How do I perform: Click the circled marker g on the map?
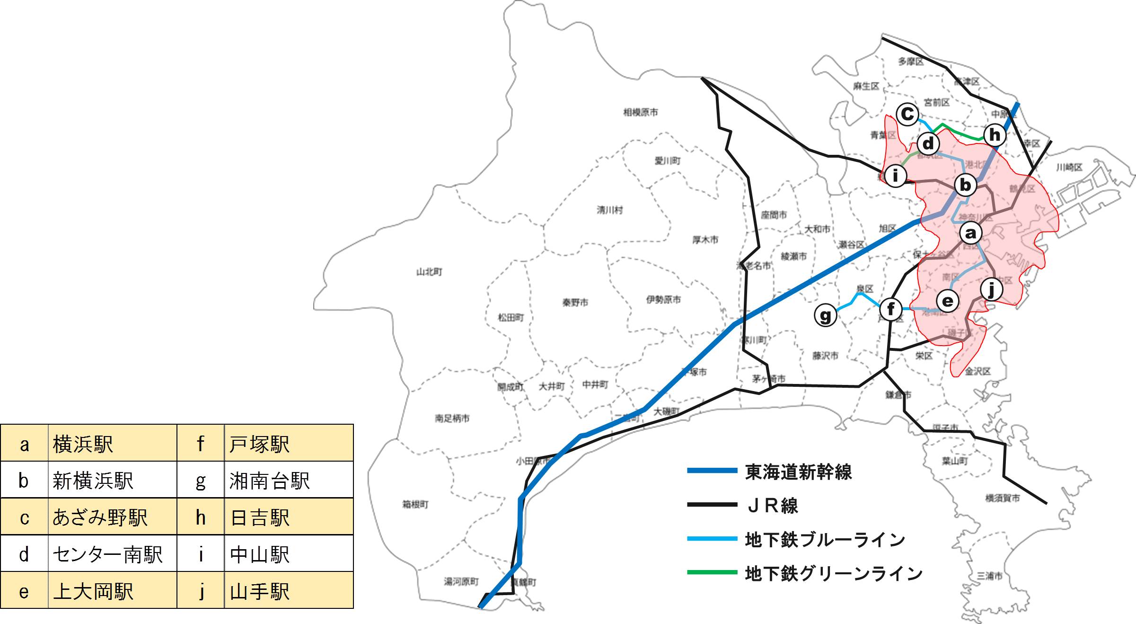(825, 315)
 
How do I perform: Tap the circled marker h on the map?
(995, 135)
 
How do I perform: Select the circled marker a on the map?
(970, 232)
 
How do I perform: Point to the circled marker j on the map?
(991, 289)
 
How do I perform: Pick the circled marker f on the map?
(891, 309)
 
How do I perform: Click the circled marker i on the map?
(895, 176)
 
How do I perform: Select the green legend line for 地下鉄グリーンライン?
(712, 572)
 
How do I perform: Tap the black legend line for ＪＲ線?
(712, 505)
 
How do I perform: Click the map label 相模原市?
(640, 112)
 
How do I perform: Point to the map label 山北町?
(429, 272)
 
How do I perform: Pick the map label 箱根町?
(415, 504)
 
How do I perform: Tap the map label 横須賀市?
(1002, 498)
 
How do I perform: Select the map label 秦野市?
(575, 303)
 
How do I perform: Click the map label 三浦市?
(989, 576)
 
